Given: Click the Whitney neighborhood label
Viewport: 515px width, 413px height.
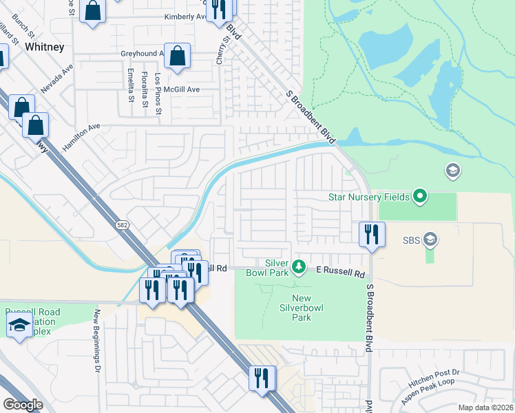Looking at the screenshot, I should [44, 47].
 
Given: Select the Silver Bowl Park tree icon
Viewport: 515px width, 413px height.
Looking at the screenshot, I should [299, 265].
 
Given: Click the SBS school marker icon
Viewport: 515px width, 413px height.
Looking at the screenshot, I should [430, 240].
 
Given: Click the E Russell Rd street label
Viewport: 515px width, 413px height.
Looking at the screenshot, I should [340, 273].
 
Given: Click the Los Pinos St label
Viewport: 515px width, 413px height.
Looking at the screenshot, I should [158, 94].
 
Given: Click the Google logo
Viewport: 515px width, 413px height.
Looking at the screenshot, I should [23, 405].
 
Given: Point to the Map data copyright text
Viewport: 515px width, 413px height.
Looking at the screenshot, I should [486, 407].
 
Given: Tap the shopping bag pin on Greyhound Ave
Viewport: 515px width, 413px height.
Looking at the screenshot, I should [177, 58].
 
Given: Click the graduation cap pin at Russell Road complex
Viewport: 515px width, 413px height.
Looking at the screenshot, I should [19, 326].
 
